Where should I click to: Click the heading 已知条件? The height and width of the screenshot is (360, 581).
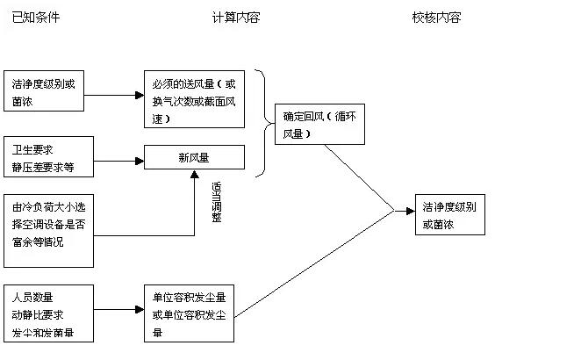tap(36, 18)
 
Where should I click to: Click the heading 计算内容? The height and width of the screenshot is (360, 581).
tap(236, 18)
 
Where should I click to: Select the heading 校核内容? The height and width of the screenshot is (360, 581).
tap(436, 18)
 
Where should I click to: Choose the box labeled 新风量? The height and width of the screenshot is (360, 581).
tap(195, 158)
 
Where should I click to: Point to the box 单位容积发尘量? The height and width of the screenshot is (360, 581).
tap(189, 311)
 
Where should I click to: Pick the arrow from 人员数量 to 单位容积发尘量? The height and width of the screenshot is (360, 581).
tap(118, 310)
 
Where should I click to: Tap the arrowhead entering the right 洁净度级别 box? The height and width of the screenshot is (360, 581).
tap(410, 211)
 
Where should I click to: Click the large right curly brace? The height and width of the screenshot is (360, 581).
tap(262, 123)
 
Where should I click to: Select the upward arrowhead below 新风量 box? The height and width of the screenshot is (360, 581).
tap(195, 176)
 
